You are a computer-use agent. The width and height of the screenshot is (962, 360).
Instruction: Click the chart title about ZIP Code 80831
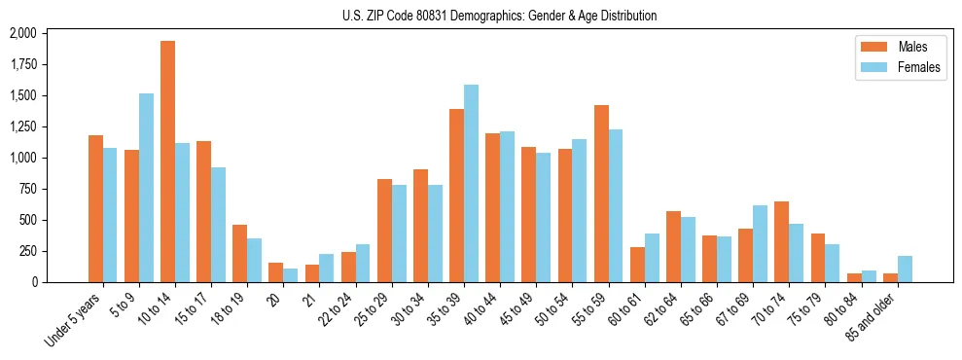tap(499, 16)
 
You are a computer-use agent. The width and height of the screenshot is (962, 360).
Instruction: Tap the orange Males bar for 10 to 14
tap(168, 162)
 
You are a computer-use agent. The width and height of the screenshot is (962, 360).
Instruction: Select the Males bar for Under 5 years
tap(95, 208)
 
